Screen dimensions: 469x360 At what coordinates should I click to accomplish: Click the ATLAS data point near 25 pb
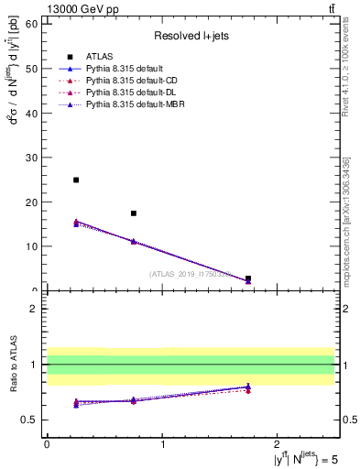pos(76,180)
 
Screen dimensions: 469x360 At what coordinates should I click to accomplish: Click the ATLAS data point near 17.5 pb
pos(134,213)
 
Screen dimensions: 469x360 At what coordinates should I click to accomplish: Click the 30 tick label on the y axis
pos(34,158)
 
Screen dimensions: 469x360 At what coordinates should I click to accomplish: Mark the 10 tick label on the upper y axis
pos(34,246)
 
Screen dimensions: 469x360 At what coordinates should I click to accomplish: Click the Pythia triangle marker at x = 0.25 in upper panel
pos(76,223)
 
